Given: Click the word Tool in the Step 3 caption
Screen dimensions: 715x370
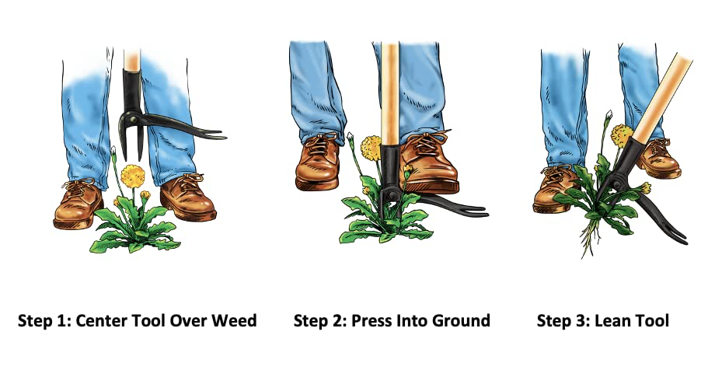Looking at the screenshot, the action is [x=651, y=320].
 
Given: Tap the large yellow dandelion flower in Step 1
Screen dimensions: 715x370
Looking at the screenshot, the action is [x=133, y=176].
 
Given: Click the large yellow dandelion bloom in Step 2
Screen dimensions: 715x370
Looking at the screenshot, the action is [x=370, y=148].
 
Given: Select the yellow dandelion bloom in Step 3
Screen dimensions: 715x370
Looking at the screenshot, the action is [x=622, y=135].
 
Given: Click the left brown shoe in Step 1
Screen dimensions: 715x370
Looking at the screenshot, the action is [x=78, y=204].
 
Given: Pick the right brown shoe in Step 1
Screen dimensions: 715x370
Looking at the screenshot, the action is [x=188, y=197].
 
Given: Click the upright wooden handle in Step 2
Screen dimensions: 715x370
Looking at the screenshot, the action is [x=390, y=93].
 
